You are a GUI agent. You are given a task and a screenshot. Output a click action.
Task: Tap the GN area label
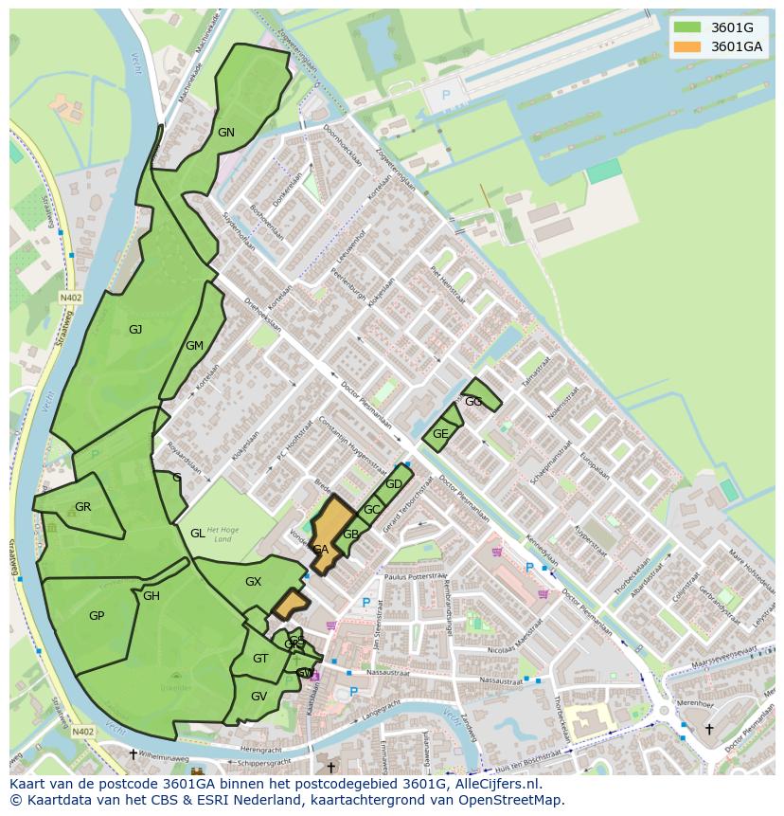[x=225, y=133]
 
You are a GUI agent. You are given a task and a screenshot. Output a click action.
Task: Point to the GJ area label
[x=135, y=330]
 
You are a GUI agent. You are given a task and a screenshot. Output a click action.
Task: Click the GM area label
[x=195, y=346]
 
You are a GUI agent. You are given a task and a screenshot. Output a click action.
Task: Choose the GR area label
[x=83, y=507]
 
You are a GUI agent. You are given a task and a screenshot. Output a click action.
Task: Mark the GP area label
[x=97, y=616]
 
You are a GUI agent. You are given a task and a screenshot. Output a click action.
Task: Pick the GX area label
[x=253, y=582]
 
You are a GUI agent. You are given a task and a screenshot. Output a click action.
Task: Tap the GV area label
[x=258, y=696]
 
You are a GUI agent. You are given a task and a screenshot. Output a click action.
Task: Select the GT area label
[x=260, y=659]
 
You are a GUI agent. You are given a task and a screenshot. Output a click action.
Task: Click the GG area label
[x=473, y=402]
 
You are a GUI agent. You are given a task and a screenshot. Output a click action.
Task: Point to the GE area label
[x=440, y=434]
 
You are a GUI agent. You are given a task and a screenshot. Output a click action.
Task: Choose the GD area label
[x=394, y=484]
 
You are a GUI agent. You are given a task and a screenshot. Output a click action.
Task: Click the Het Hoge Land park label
[x=220, y=534]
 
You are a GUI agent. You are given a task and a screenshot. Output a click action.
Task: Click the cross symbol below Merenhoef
[x=709, y=729]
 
